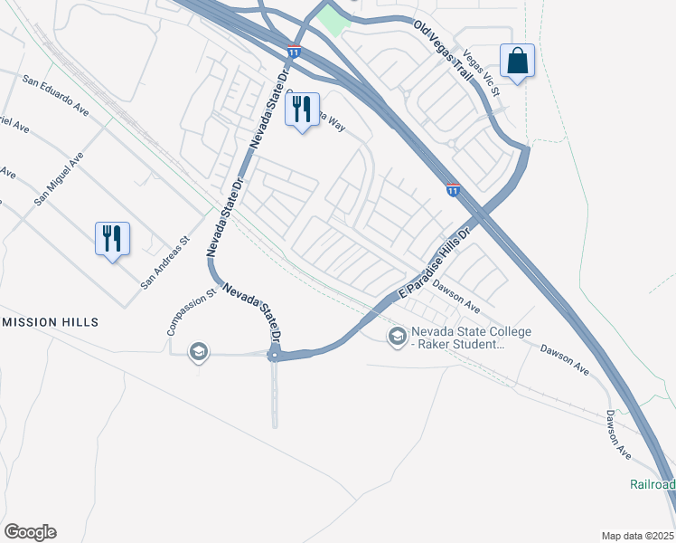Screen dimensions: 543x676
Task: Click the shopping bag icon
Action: (517, 62)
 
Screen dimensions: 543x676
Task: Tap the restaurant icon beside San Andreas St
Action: (112, 239)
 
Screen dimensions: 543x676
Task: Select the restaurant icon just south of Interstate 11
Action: (302, 110)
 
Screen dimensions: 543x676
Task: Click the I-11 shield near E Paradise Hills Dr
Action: (453, 190)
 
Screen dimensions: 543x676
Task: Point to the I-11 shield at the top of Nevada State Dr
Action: (294, 51)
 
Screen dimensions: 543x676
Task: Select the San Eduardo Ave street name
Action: (56, 94)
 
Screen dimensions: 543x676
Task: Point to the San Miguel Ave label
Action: (60, 178)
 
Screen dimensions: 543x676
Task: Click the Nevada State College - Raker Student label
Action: (471, 338)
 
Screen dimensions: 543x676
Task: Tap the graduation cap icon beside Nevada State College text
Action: (396, 337)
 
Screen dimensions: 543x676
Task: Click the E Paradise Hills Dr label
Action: (437, 263)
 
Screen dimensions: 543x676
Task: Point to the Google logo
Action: (30, 532)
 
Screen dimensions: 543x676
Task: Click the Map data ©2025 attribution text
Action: (637, 536)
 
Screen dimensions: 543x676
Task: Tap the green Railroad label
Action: (652, 484)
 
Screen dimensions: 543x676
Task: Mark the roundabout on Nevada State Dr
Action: (275, 356)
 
